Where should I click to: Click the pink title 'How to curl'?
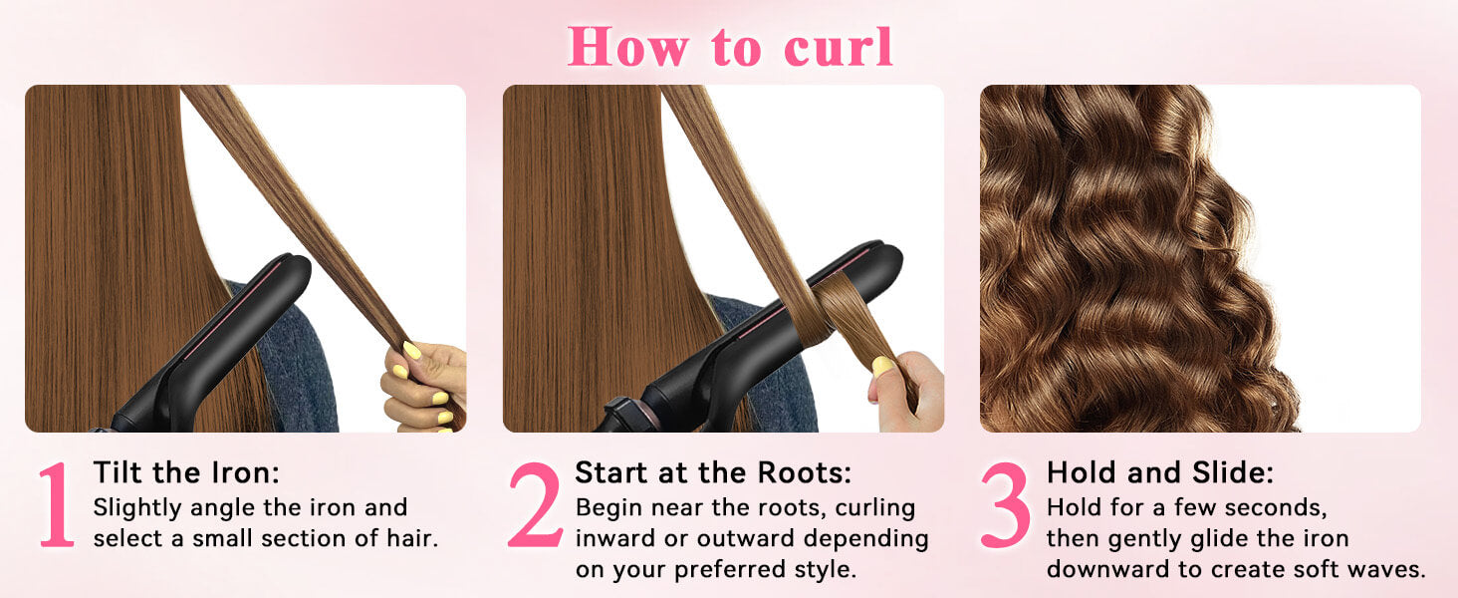point(730,47)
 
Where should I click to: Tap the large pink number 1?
point(58,505)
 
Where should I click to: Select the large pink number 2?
point(535,505)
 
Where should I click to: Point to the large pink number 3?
point(1006,505)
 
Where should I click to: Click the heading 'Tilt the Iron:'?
point(186,472)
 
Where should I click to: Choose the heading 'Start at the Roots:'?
point(713,472)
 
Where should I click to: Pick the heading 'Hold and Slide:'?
point(1160,472)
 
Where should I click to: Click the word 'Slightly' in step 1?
point(137,508)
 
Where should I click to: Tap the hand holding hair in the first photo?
point(423,387)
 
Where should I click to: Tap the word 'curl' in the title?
point(839,47)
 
